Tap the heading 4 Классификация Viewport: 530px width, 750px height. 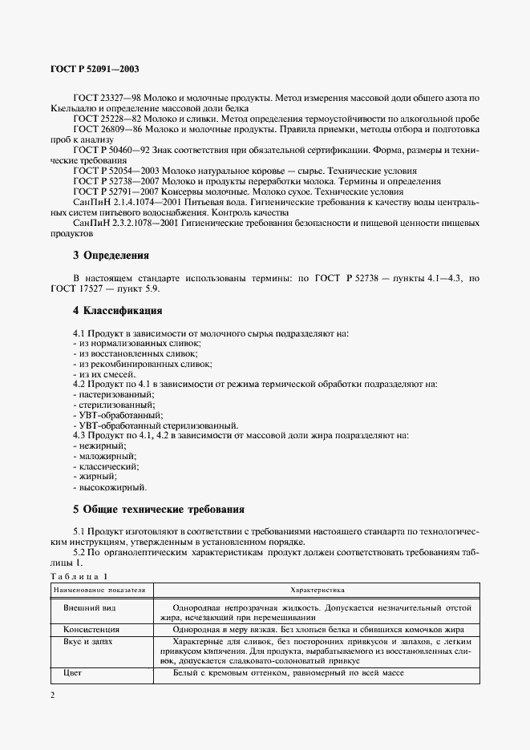point(118,310)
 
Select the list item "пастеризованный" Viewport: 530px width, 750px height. point(113,395)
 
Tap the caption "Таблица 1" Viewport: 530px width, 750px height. point(77,577)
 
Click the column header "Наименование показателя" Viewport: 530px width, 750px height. point(99,590)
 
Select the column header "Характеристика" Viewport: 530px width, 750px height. point(318,590)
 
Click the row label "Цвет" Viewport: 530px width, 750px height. point(72,673)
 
